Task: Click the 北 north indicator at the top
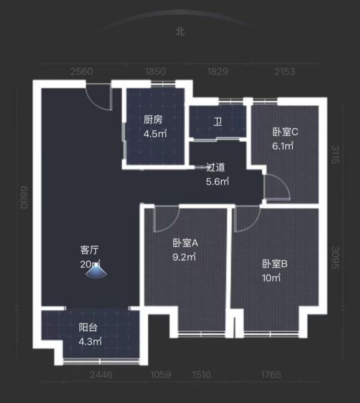coord(180,32)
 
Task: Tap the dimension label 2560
coord(81,71)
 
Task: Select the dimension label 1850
coord(155,71)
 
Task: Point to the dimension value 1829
coord(218,71)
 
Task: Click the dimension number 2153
coord(285,71)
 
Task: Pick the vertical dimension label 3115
coord(335,154)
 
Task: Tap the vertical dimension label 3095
coord(335,257)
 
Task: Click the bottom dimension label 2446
coord(101,375)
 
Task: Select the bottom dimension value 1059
coord(161,375)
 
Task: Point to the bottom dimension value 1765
coord(271,375)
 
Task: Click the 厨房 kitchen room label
coord(153,120)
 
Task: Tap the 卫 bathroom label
coord(218,122)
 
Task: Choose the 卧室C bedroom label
coord(285,132)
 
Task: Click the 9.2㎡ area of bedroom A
coord(184,257)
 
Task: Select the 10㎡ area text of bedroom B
coord(271,278)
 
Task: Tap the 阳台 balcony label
coord(88,328)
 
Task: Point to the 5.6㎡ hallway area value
coord(217,181)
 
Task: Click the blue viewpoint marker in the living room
coord(96,271)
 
